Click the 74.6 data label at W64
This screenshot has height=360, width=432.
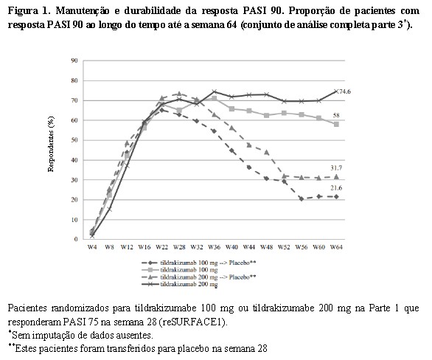pos(345,91)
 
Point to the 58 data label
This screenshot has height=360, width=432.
pos(336,115)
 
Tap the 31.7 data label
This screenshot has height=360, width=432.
pos(336,168)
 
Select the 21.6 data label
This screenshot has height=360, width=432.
pos(336,188)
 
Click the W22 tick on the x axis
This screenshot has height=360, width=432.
pos(161,247)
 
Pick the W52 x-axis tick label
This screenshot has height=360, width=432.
pos(284,247)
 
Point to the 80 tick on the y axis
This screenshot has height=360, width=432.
pos(74,80)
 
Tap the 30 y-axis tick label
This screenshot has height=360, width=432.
pos(74,180)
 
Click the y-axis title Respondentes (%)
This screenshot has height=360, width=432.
pos(51,144)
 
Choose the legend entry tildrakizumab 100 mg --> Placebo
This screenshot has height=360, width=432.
pos(199,263)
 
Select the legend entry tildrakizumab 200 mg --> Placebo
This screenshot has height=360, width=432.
pos(199,277)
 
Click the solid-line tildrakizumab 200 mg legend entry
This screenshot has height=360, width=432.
pos(180,284)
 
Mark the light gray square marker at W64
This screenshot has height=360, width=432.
pos(336,125)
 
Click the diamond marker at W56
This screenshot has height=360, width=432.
pos(302,198)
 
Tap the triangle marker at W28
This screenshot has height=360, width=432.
pos(179,94)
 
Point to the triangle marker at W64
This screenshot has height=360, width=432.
pos(336,177)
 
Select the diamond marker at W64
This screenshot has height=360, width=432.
pos(336,196)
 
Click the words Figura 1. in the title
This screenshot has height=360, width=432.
pos(27,11)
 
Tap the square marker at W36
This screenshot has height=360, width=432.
pos(214,98)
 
